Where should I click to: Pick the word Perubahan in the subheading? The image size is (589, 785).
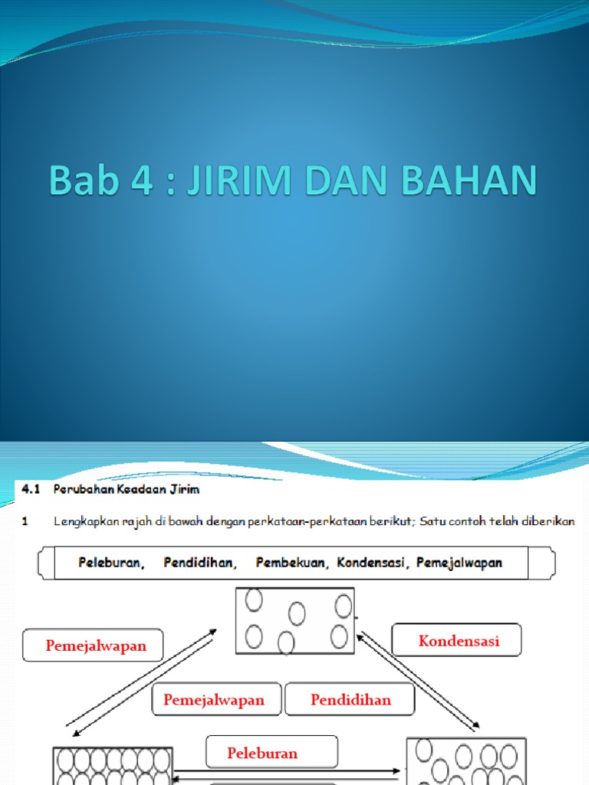(82, 488)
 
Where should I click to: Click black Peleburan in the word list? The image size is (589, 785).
(111, 563)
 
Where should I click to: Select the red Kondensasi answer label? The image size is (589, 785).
(459, 641)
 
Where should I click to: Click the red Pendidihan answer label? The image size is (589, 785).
(350, 699)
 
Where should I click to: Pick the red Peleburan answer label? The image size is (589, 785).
(262, 753)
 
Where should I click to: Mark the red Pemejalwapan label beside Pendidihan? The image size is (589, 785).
(214, 699)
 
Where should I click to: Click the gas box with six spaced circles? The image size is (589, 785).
(295, 620)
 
